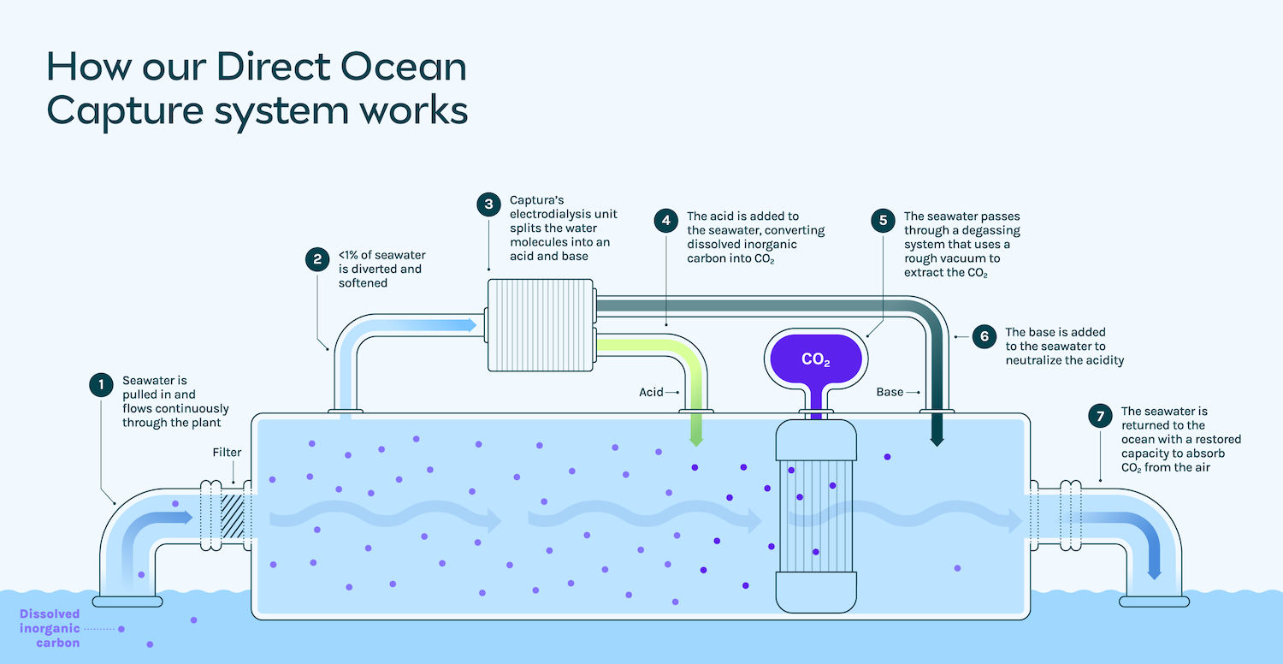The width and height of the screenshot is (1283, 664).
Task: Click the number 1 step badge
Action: (101, 385)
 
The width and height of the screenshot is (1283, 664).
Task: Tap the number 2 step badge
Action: (317, 260)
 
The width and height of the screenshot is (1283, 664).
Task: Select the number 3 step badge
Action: (488, 205)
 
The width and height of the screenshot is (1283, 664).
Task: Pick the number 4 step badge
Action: (665, 221)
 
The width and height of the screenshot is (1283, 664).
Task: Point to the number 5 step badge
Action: (883, 221)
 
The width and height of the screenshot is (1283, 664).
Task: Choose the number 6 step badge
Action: (984, 336)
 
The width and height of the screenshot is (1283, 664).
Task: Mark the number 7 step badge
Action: (1100, 416)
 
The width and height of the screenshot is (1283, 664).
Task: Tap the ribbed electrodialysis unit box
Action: (541, 325)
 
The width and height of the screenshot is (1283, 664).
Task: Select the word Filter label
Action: (227, 453)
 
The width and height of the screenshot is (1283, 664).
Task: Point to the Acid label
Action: (651, 392)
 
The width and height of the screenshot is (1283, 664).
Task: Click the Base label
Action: (890, 392)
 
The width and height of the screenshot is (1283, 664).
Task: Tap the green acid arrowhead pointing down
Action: (696, 439)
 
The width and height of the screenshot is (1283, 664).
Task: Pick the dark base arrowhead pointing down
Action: (937, 439)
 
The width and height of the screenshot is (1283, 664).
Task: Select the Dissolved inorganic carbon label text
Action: (50, 628)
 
